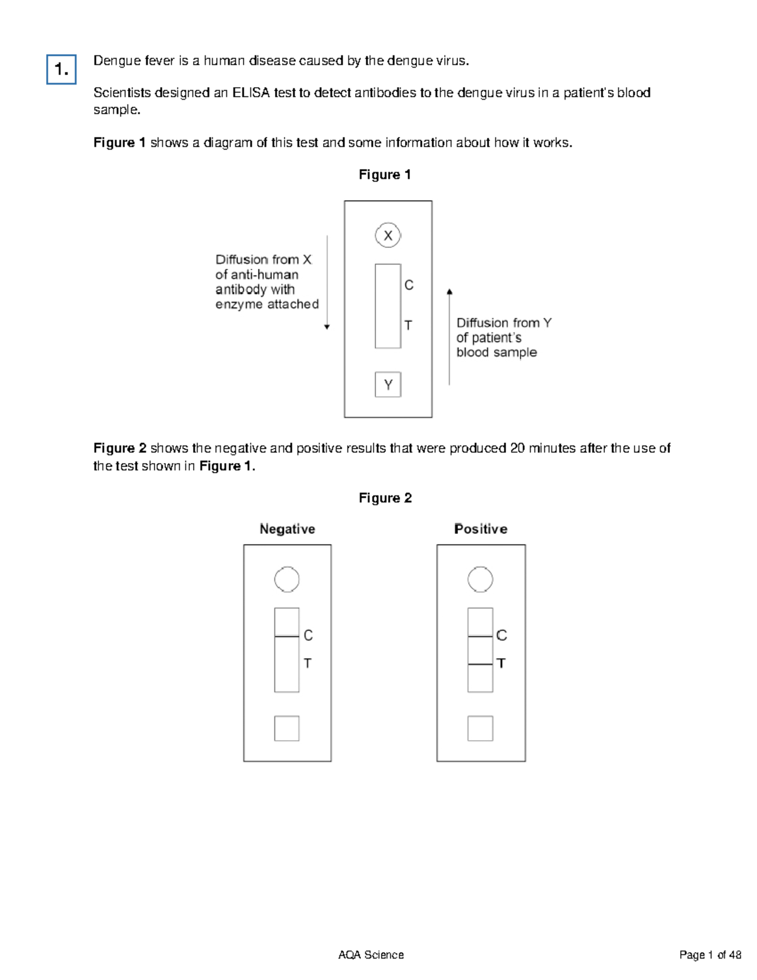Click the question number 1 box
[x=61, y=69]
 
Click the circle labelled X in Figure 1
[x=388, y=235]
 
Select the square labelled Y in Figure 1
[x=388, y=384]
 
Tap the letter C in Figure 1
[x=409, y=285]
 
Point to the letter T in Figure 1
[x=408, y=325]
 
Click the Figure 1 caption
[x=385, y=175]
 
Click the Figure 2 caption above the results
[x=385, y=498]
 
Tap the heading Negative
[x=287, y=529]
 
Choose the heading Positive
[x=481, y=529]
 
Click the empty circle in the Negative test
[x=287, y=579]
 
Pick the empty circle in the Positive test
[x=480, y=579]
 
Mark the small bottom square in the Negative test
[x=287, y=728]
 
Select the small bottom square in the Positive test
[x=480, y=728]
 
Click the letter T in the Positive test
[x=501, y=663]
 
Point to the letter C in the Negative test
[x=308, y=635]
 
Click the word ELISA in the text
[x=251, y=93]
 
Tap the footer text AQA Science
[x=371, y=955]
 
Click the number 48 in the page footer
[x=734, y=955]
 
